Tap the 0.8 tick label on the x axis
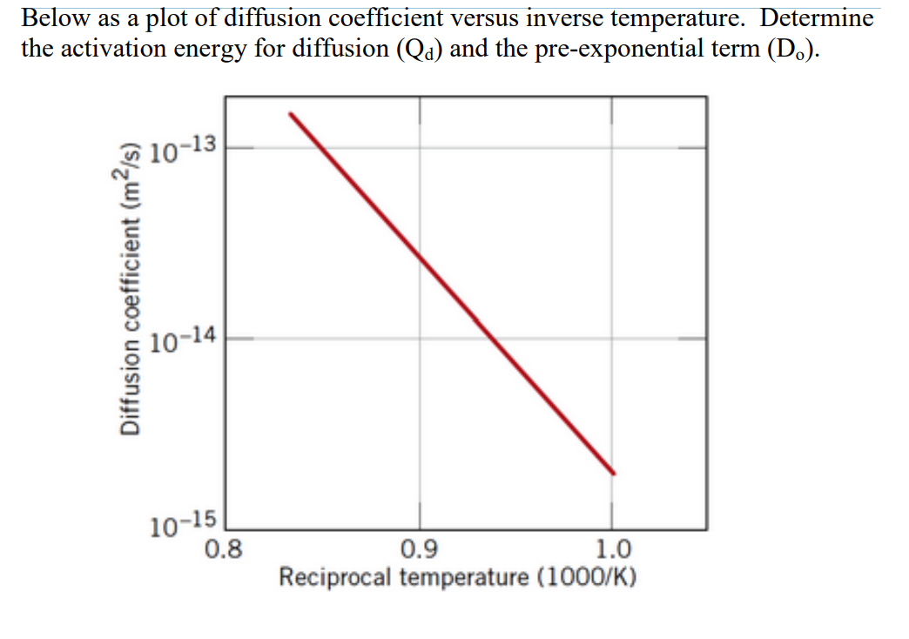click(x=224, y=549)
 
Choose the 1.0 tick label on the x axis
click(x=614, y=549)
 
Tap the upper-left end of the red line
click(x=291, y=113)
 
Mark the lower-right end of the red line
click(x=613, y=474)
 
